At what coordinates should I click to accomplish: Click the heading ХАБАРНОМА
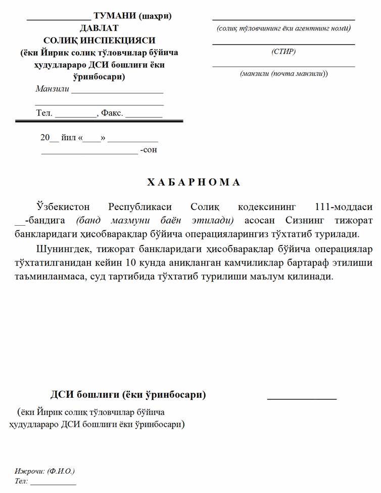194,182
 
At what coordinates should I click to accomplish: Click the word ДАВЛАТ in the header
99,28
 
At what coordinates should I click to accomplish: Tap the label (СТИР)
283,52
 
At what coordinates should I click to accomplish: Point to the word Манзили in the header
52,89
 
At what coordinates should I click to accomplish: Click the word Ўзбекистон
63,207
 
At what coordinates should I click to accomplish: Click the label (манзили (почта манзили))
283,74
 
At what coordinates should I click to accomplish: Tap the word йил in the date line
68,138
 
